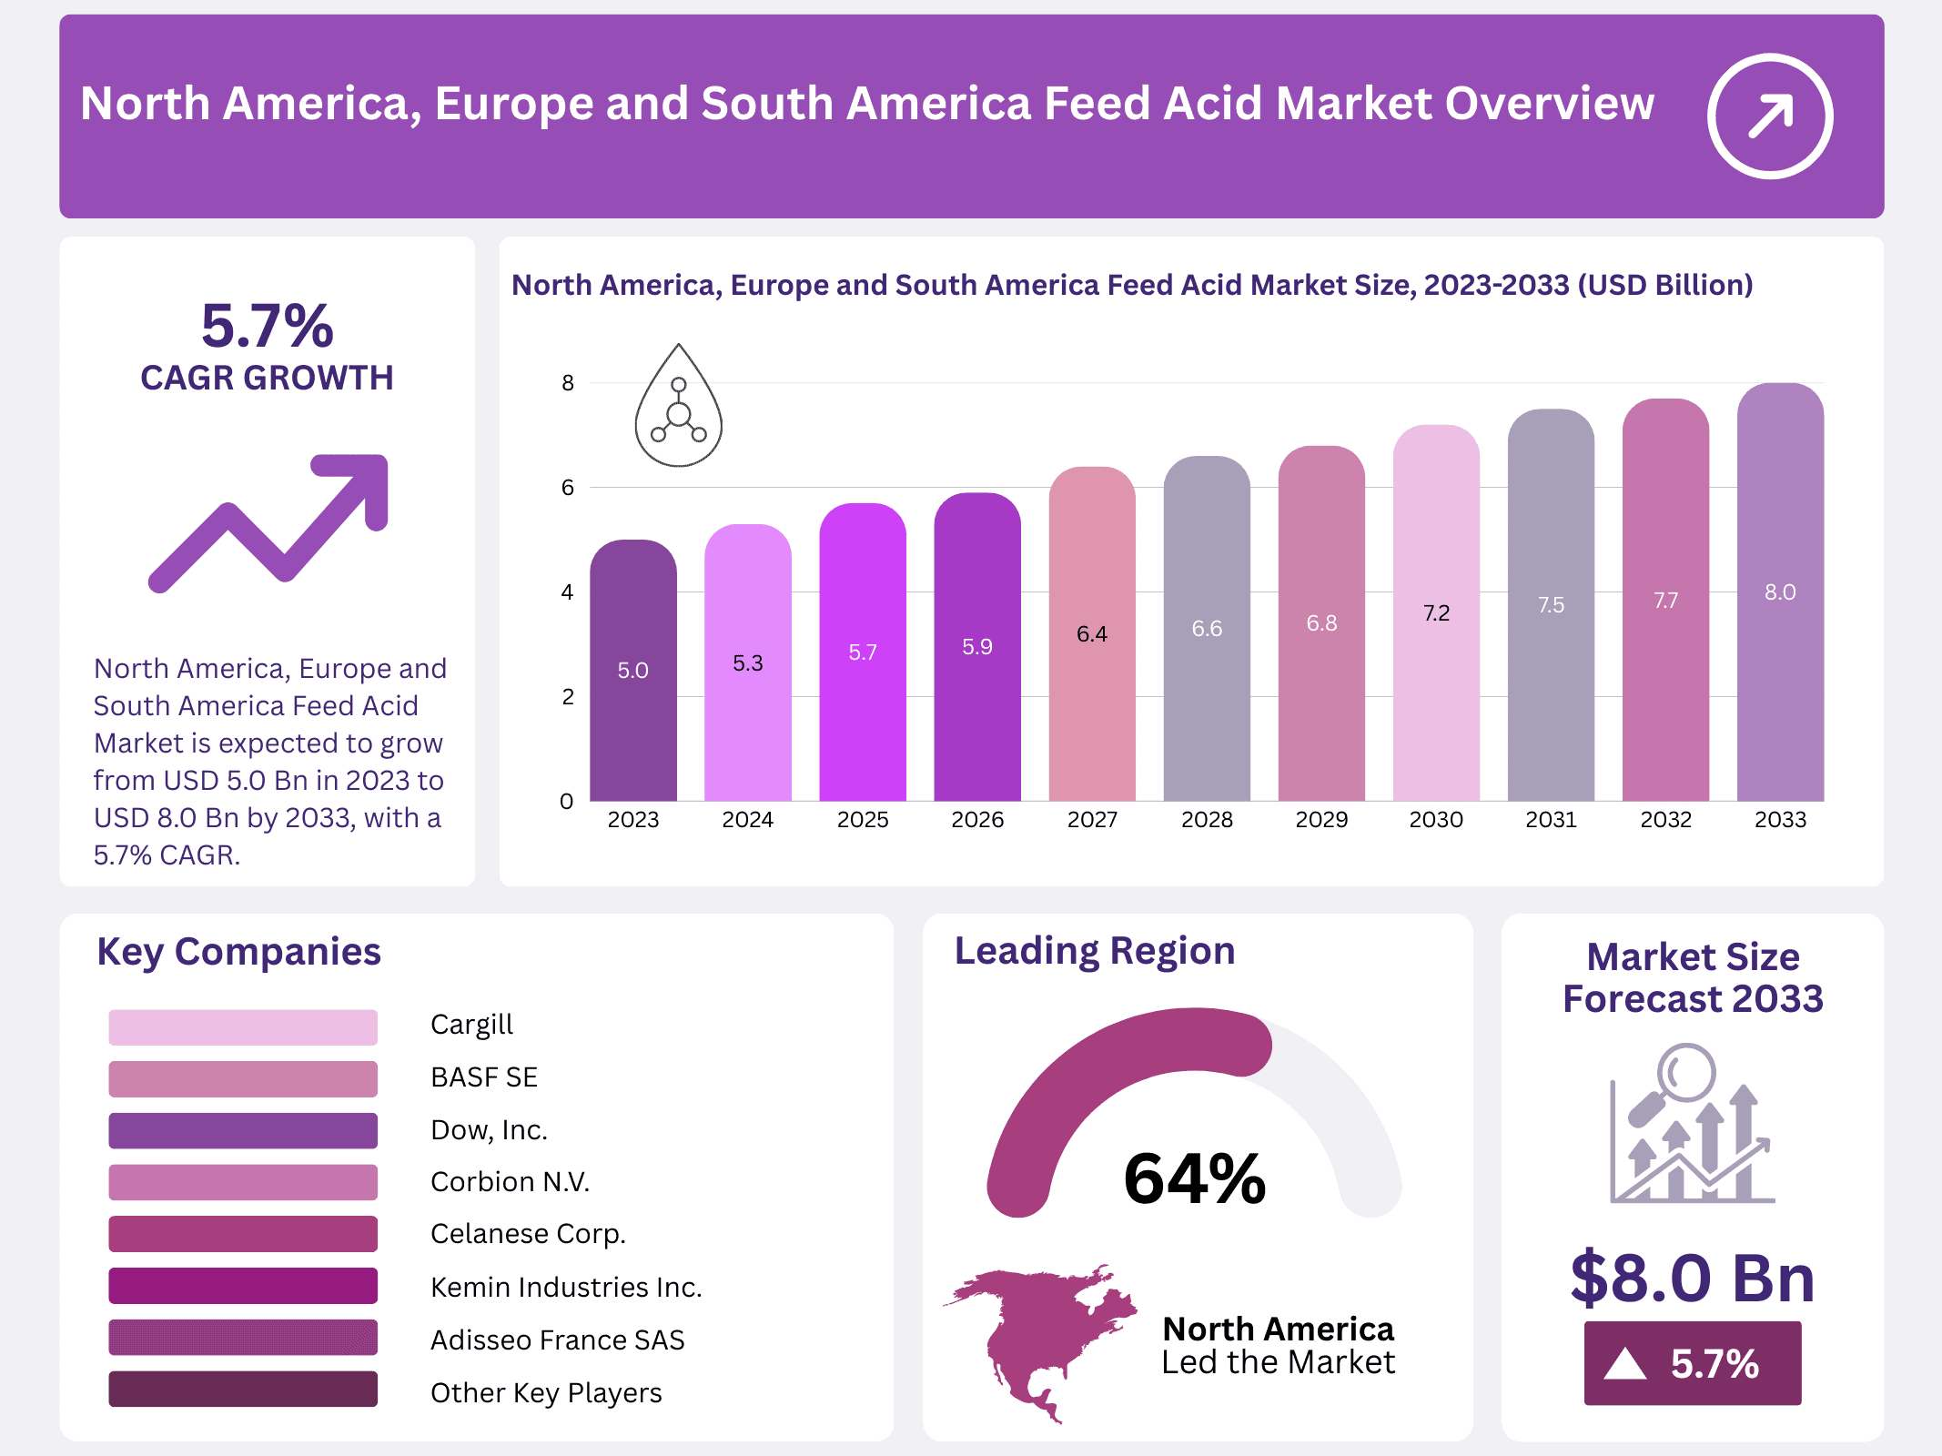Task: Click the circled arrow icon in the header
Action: click(x=1769, y=116)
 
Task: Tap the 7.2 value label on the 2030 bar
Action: click(x=1436, y=613)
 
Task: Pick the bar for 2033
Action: click(x=1779, y=591)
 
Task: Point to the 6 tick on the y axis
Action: click(x=568, y=488)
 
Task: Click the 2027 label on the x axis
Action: click(x=1092, y=820)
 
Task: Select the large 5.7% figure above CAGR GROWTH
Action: click(x=267, y=326)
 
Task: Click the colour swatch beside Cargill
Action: click(x=243, y=1026)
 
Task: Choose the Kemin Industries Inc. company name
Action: click(x=566, y=1287)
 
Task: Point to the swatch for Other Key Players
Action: click(x=243, y=1389)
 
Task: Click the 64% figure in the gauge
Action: click(x=1194, y=1178)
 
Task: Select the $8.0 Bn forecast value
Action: click(x=1692, y=1278)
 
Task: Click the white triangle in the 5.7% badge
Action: click(x=1625, y=1364)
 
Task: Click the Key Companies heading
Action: click(x=238, y=952)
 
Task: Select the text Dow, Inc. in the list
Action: click(x=489, y=1129)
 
